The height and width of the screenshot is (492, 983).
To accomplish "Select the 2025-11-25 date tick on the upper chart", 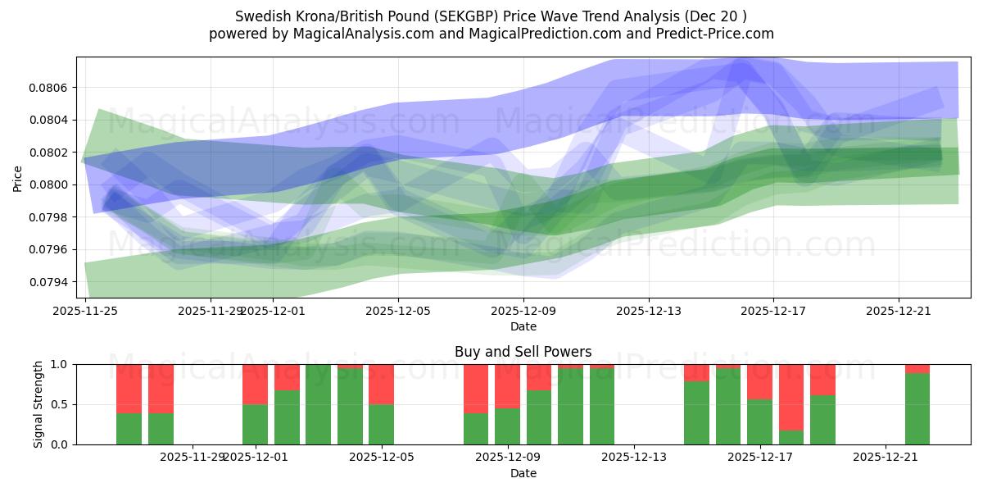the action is [x=86, y=311].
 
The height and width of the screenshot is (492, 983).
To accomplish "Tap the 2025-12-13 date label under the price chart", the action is [x=648, y=311].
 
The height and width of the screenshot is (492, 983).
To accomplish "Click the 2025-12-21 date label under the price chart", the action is [x=899, y=311].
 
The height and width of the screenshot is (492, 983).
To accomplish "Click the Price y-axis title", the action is [x=18, y=177].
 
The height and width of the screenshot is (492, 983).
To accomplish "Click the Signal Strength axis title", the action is [x=39, y=404].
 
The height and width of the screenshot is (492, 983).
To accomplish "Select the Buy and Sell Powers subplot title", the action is [x=523, y=352].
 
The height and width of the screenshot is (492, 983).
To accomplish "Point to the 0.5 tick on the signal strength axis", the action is [x=60, y=404].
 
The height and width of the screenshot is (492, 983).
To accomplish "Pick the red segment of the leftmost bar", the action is [x=129, y=389].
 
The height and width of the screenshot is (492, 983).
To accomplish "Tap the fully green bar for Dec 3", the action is [x=318, y=404].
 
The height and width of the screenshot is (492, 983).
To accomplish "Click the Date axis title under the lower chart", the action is [x=523, y=473].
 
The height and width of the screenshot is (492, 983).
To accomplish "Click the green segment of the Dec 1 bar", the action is [x=255, y=425].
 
